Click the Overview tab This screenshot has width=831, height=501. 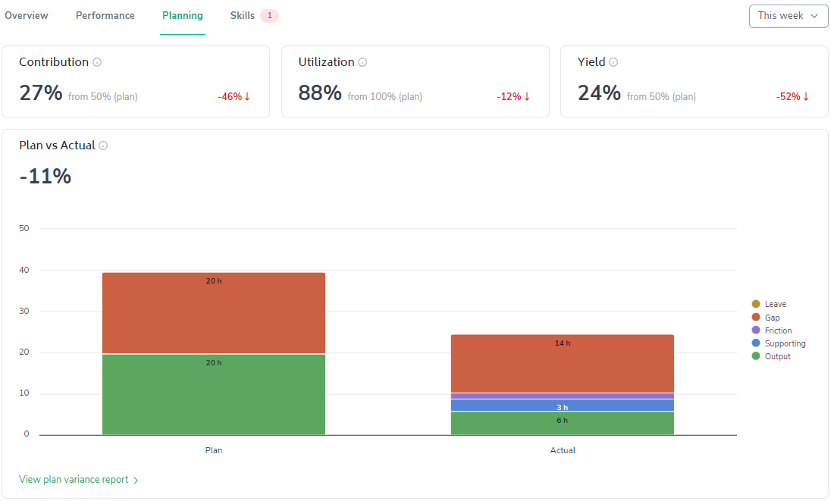27,16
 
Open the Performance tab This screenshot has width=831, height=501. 105,16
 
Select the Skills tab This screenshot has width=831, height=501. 243,16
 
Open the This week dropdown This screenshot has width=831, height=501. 788,16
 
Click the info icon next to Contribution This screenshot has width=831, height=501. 97,63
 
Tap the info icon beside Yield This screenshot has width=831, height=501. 613,63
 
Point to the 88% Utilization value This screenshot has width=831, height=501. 320,93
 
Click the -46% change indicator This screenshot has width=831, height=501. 234,97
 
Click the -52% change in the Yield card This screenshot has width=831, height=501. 792,97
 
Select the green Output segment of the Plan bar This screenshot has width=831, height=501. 214,394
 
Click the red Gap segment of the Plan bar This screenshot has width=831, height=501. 214,313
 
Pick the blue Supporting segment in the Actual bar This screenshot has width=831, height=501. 563,405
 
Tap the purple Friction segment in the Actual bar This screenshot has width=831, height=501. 563,396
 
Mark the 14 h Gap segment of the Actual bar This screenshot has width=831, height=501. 563,364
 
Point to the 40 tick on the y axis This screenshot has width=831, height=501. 24,270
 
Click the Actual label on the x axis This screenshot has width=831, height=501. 563,450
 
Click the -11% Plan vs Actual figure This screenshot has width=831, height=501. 45,177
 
